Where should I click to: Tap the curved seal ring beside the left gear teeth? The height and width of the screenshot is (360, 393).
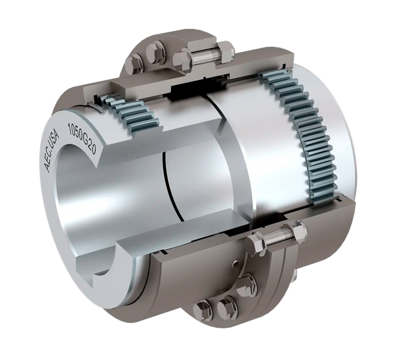[x=97, y=107]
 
